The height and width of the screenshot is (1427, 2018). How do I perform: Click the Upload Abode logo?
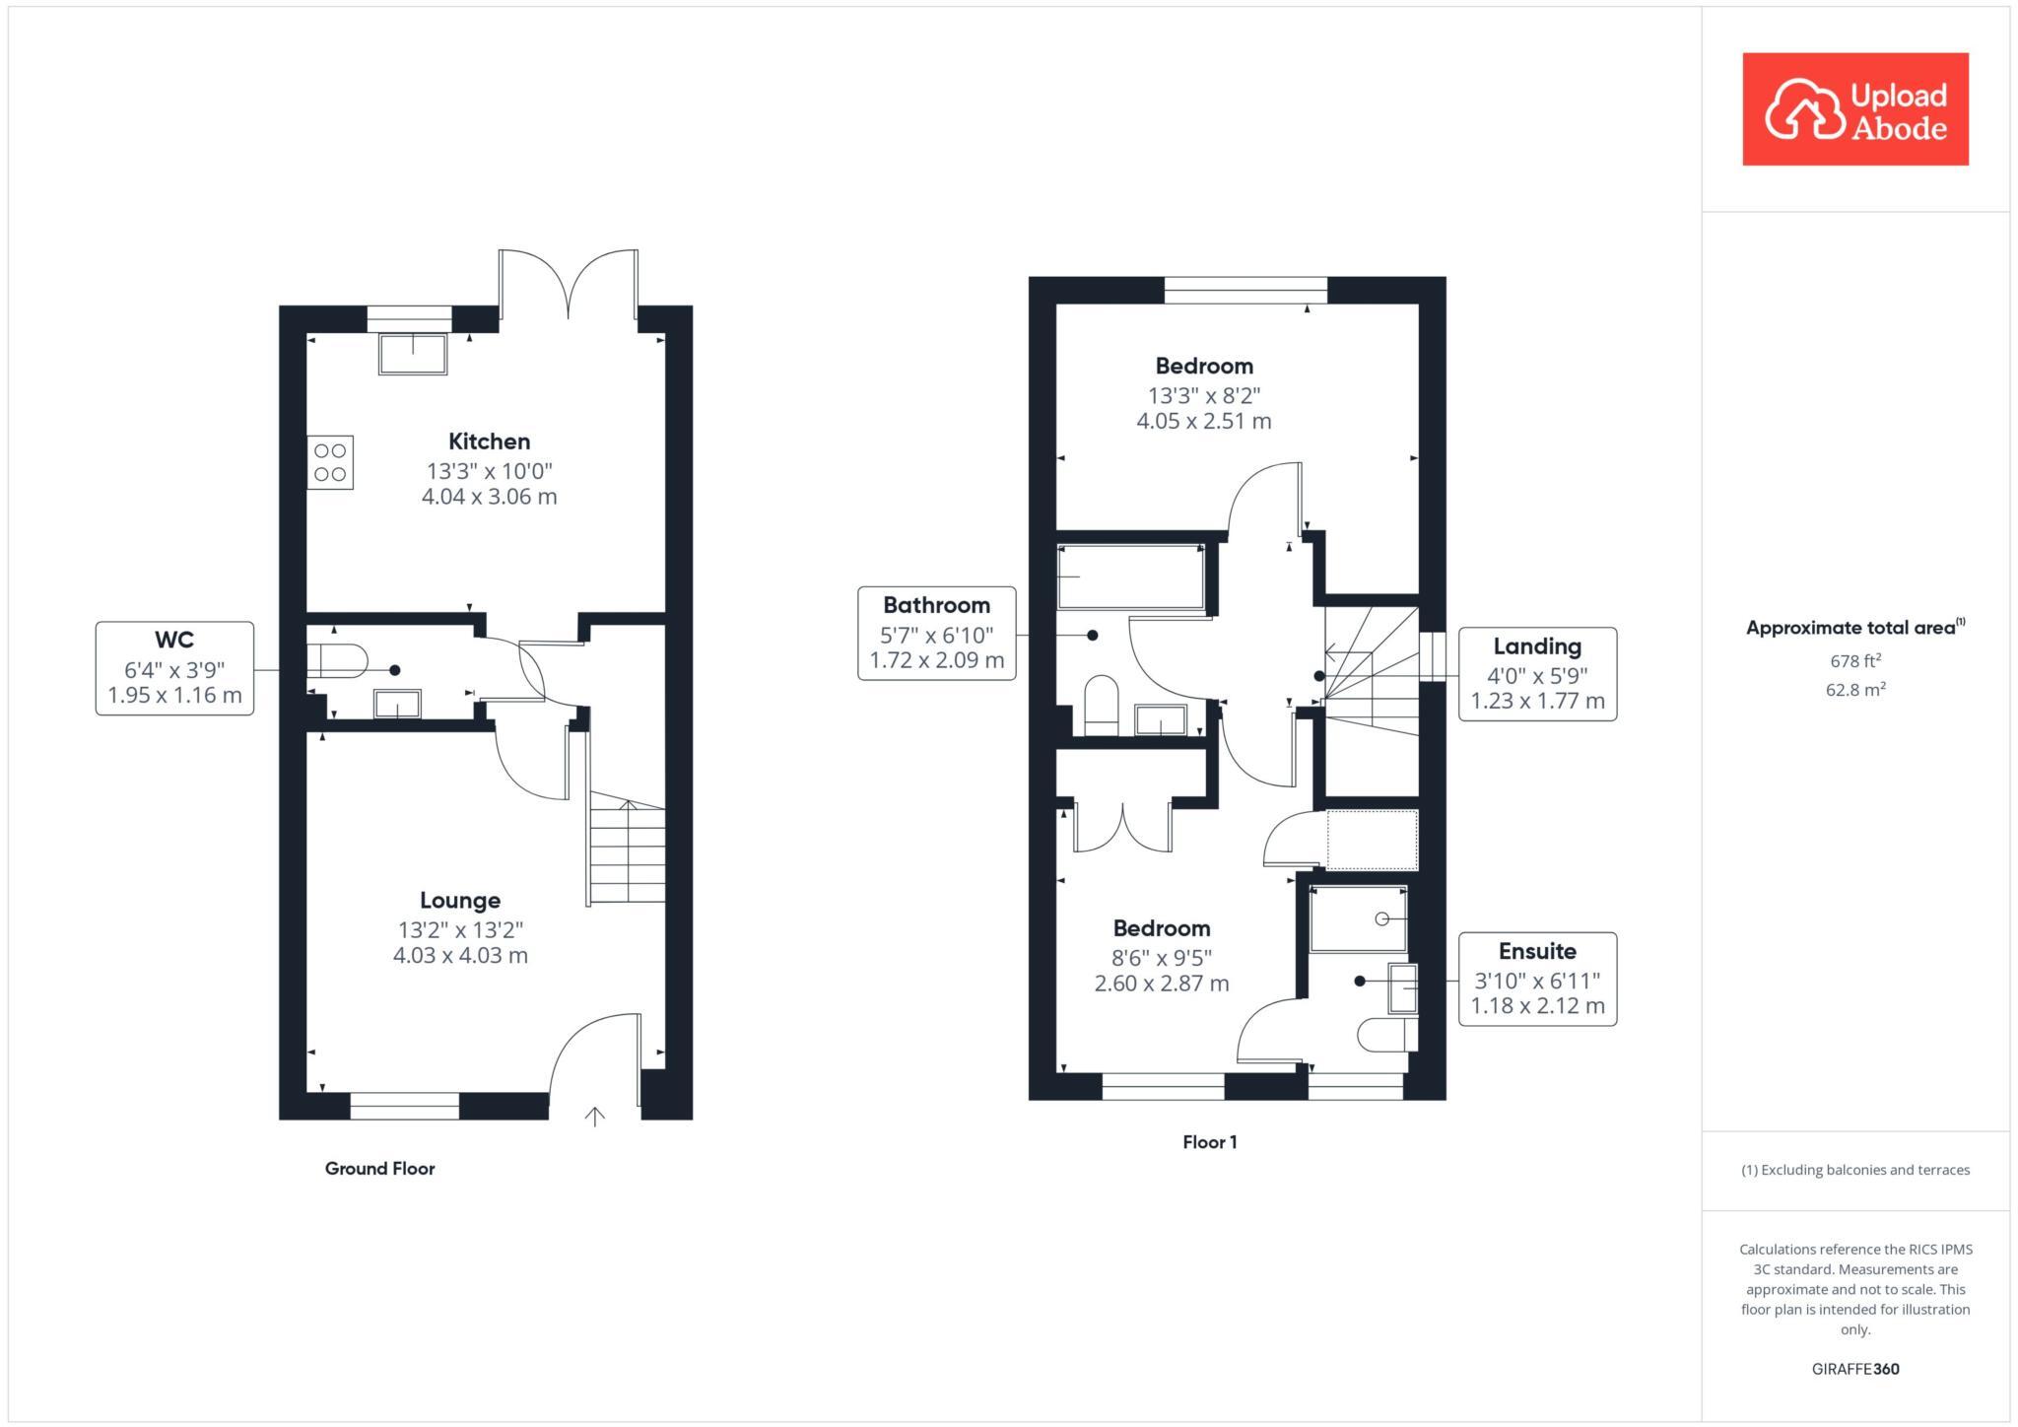[1854, 109]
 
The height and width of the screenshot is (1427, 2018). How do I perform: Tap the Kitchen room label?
[489, 442]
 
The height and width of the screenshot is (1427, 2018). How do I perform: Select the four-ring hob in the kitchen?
[330, 462]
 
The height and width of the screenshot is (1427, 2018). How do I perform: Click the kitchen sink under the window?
[413, 354]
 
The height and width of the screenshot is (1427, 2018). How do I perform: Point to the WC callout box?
[174, 668]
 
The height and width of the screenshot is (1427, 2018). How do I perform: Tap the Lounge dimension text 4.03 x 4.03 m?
[460, 955]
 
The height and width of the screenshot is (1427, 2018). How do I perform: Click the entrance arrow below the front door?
[594, 1116]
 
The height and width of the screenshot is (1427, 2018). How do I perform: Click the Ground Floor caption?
[379, 1168]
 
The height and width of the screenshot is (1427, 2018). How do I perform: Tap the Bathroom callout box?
[936, 634]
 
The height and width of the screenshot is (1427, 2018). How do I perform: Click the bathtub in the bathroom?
[1130, 577]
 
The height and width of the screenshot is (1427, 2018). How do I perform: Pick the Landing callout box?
[1537, 674]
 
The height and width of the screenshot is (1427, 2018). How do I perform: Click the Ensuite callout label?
[1537, 951]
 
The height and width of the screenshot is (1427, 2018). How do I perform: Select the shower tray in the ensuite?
[1358, 918]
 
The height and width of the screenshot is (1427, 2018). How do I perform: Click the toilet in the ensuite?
[1386, 1035]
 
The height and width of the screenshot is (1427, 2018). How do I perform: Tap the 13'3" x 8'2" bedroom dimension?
[1204, 395]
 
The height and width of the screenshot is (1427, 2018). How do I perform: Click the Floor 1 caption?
[1209, 1142]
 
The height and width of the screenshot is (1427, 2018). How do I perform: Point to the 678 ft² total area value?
[1854, 661]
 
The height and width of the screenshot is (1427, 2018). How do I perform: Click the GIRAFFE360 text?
[1854, 1369]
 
